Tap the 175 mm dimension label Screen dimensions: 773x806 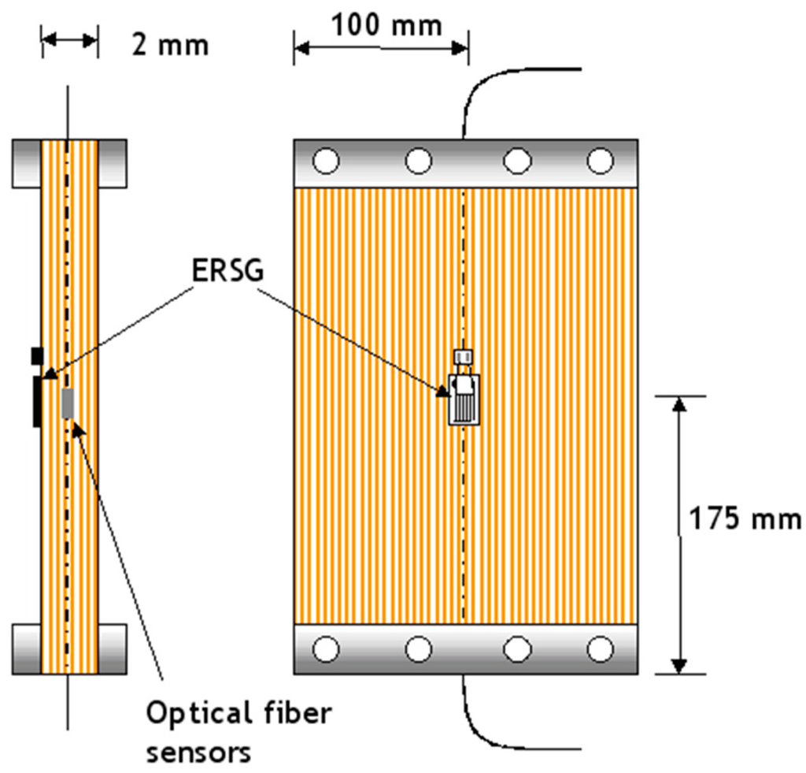coord(745,520)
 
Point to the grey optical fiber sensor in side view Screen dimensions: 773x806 coord(68,403)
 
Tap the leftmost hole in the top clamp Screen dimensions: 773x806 coord(326,162)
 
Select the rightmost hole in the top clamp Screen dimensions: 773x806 coord(601,162)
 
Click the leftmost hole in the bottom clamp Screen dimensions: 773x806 coord(326,649)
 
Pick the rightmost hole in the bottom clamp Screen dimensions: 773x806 coord(601,649)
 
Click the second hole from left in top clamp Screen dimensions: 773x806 coord(419,162)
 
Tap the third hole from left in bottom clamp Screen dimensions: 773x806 coord(517,649)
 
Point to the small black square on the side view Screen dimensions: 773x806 coord(36,355)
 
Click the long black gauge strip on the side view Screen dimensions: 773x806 coord(37,401)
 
